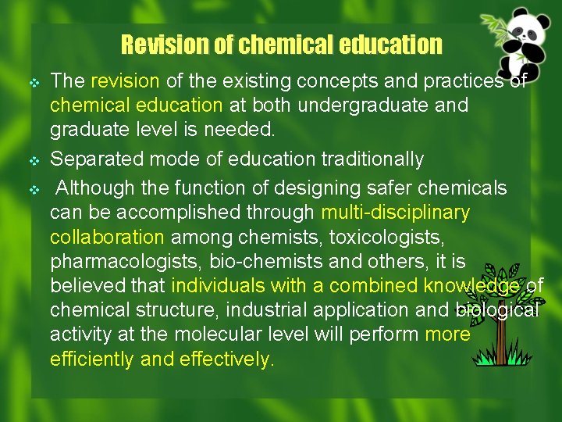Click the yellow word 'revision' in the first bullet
tap(125, 81)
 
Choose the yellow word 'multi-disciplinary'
tap(396, 212)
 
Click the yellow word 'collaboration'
tap(107, 236)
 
